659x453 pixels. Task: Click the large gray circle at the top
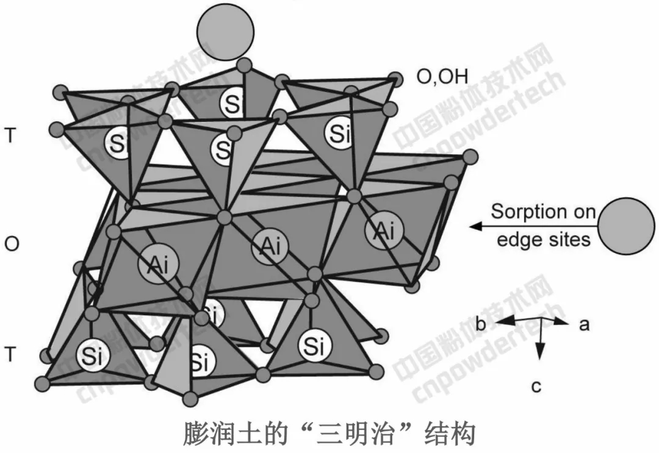(226, 32)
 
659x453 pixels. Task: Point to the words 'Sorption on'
(543, 212)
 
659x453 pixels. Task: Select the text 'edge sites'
(543, 240)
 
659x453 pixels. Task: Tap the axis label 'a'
(584, 324)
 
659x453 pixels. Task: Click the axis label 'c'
(536, 387)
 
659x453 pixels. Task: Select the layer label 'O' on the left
(12, 244)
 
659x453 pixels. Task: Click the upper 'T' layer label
(10, 136)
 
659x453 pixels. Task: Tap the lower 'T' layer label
(10, 354)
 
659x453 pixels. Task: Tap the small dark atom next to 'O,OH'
(398, 78)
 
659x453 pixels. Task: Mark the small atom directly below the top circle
(245, 65)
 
